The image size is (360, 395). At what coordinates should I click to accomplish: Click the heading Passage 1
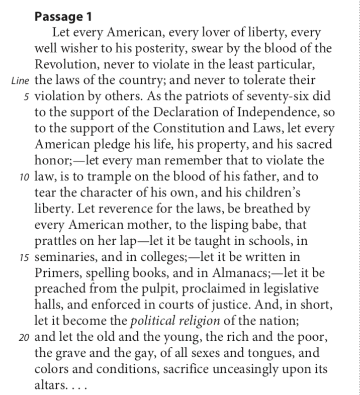[x=63, y=17]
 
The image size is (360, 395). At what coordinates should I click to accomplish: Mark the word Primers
[x=56, y=274]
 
